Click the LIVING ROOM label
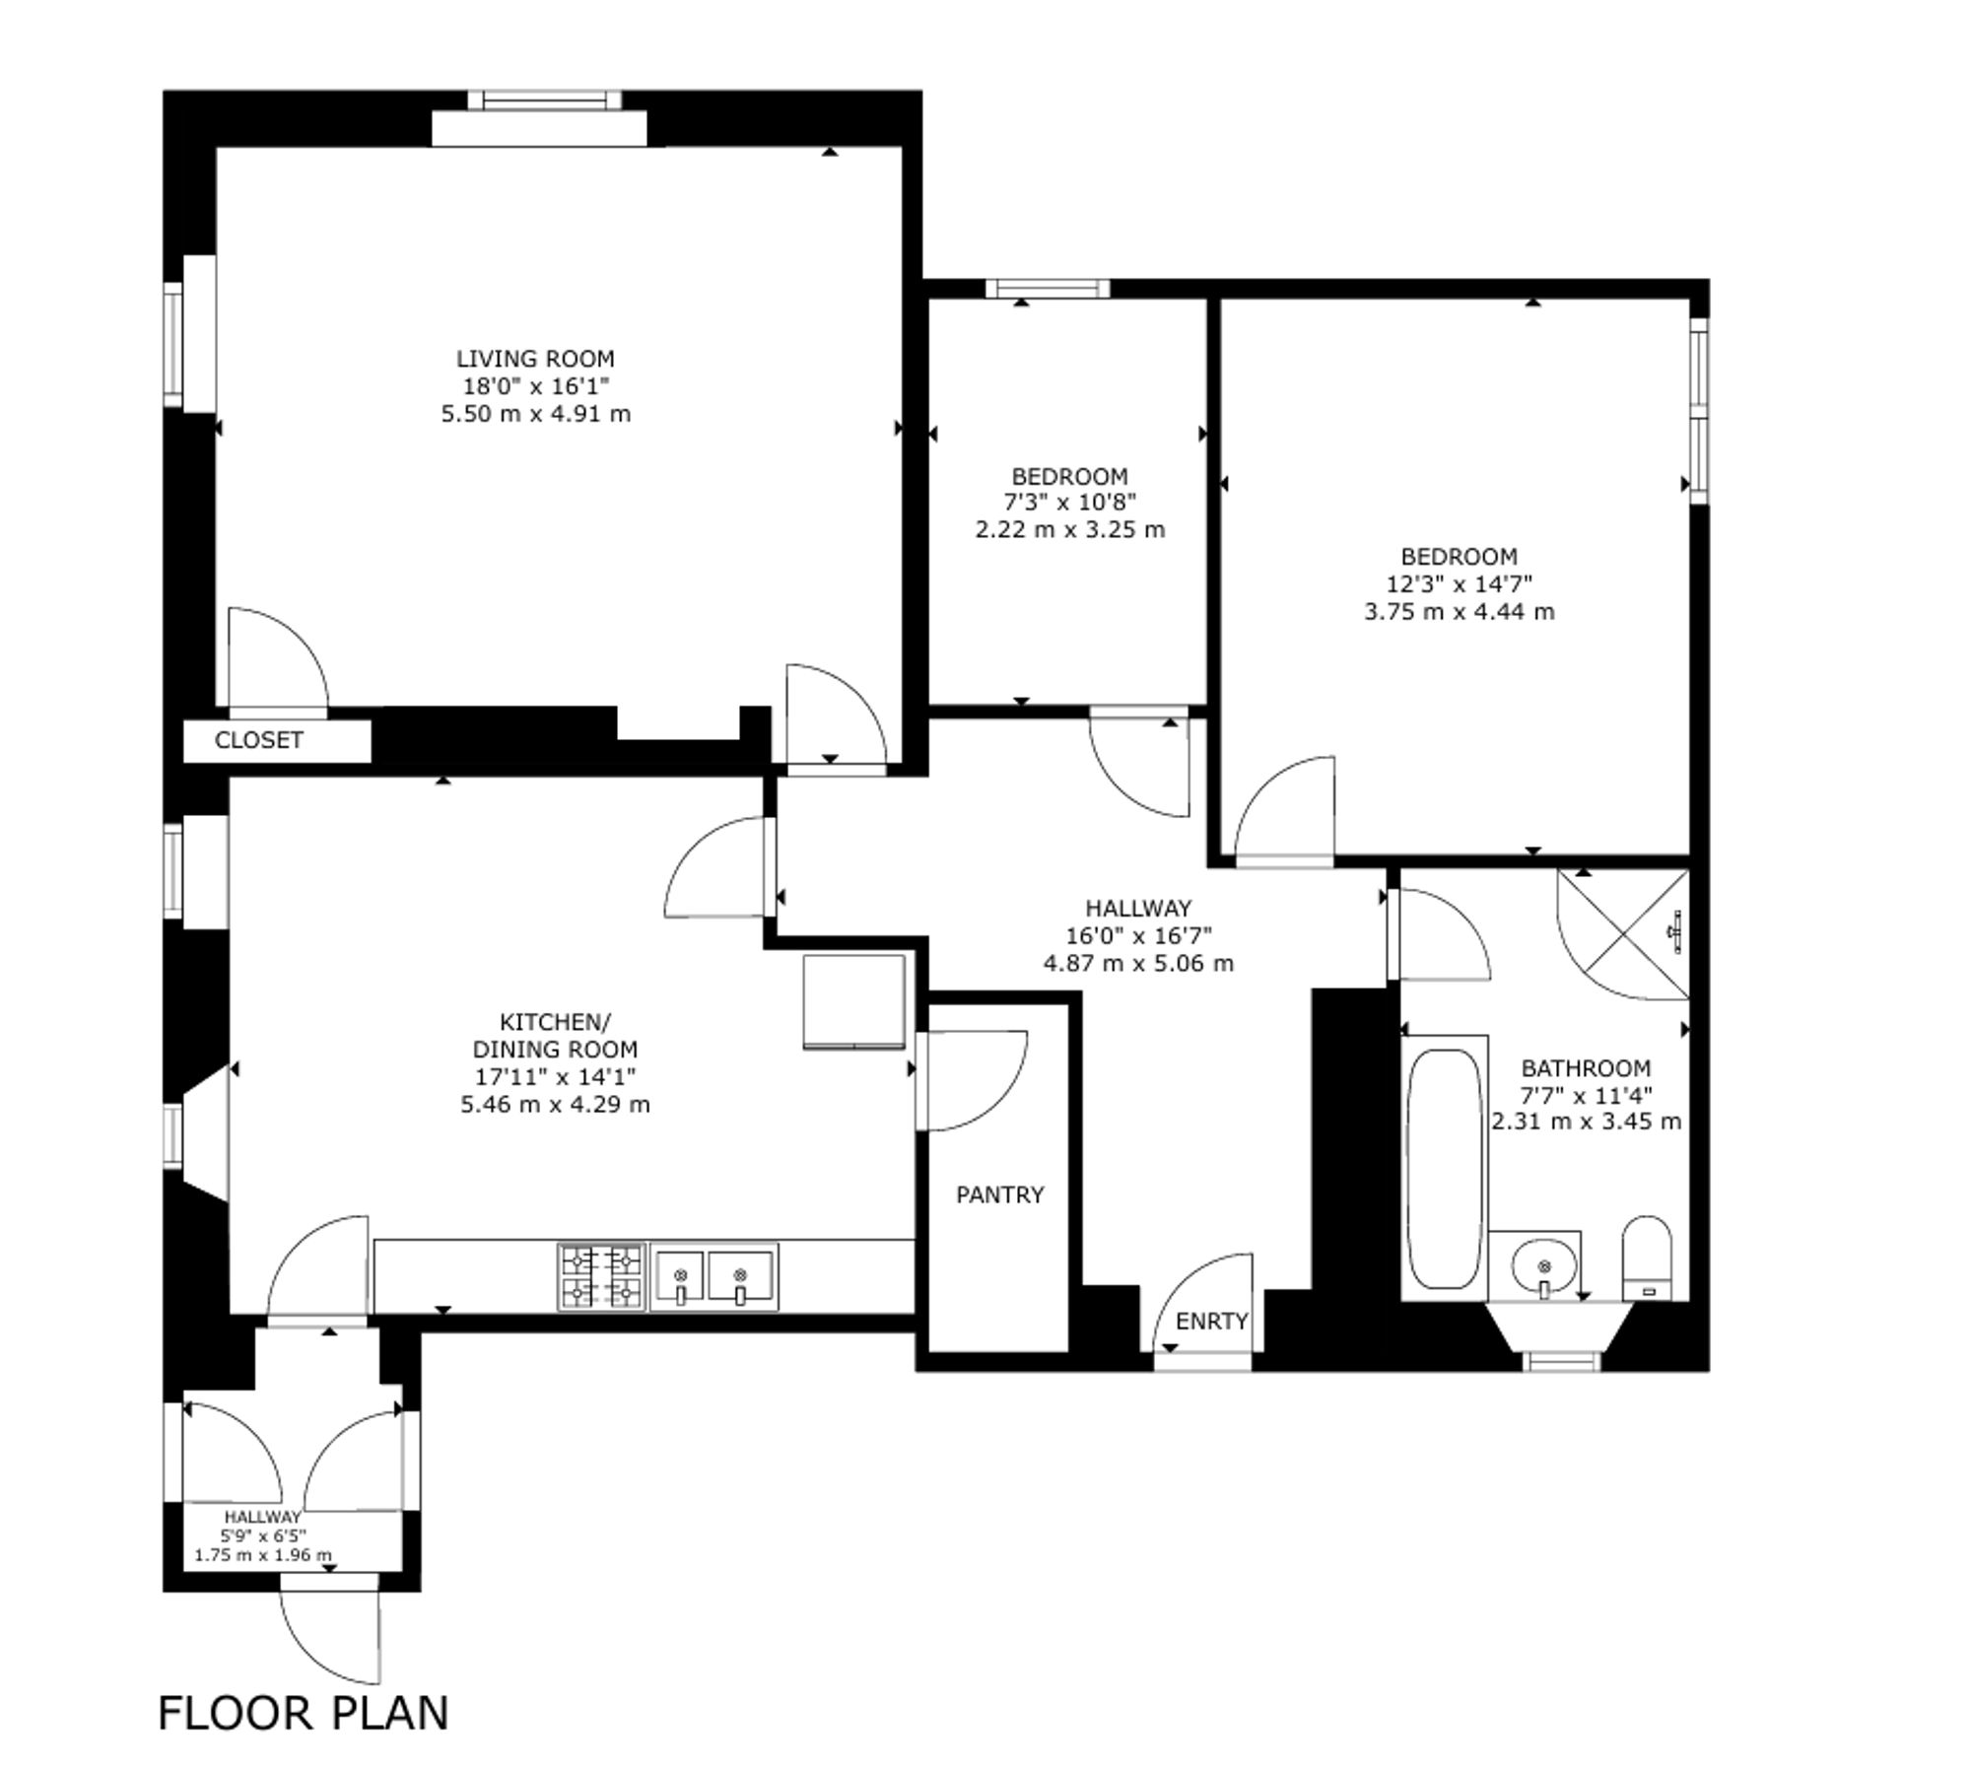coord(535,359)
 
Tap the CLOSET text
coord(259,740)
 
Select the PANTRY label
coord(999,1194)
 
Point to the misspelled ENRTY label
coord(1212,1321)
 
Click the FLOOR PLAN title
coord(304,1713)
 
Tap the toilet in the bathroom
coord(1647,1259)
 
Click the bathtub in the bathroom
coord(1444,1169)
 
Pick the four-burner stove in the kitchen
coord(601,1277)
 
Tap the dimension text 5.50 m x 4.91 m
coord(535,414)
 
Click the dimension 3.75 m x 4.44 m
coord(1459,611)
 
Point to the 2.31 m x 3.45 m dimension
coord(1586,1122)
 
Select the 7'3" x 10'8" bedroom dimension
coord(1069,503)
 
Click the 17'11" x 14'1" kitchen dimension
coord(555,1076)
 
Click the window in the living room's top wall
coord(544,100)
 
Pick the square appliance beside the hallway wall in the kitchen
coord(853,1001)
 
